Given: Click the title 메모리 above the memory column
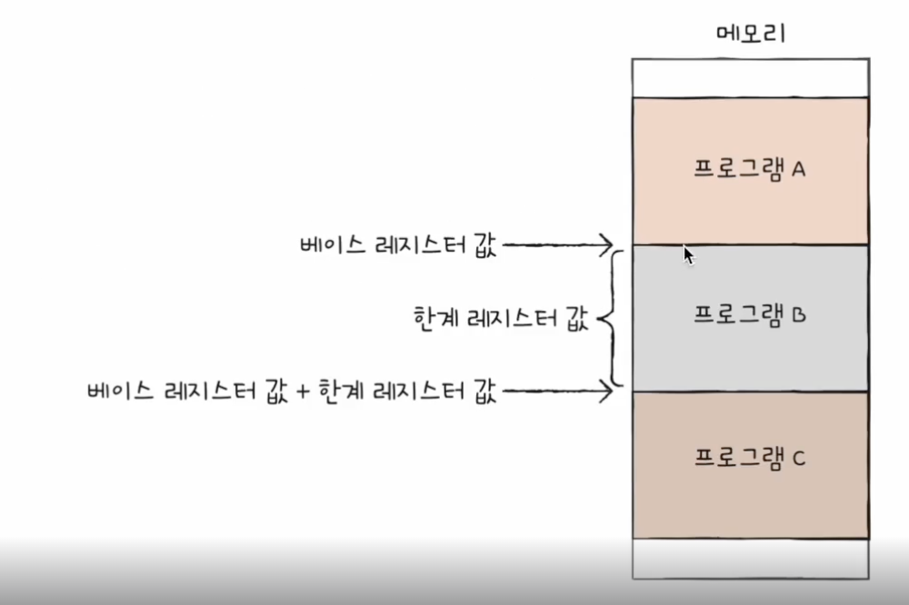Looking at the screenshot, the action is click(750, 35).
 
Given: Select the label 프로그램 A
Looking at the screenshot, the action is click(750, 170).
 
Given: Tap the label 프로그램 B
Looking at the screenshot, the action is click(750, 316).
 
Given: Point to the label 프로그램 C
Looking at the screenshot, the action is click(750, 457).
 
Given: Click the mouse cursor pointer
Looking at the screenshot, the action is click(688, 254).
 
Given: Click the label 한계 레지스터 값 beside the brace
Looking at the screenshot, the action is click(499, 319).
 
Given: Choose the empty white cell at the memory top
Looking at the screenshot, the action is click(750, 77).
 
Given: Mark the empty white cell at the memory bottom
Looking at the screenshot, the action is click(750, 558).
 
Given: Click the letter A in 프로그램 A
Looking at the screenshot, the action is click(799, 170).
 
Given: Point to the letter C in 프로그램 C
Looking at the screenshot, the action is click(799, 458).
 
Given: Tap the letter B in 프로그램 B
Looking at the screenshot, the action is click(799, 317).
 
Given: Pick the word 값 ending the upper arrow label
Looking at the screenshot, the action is click(484, 245).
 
